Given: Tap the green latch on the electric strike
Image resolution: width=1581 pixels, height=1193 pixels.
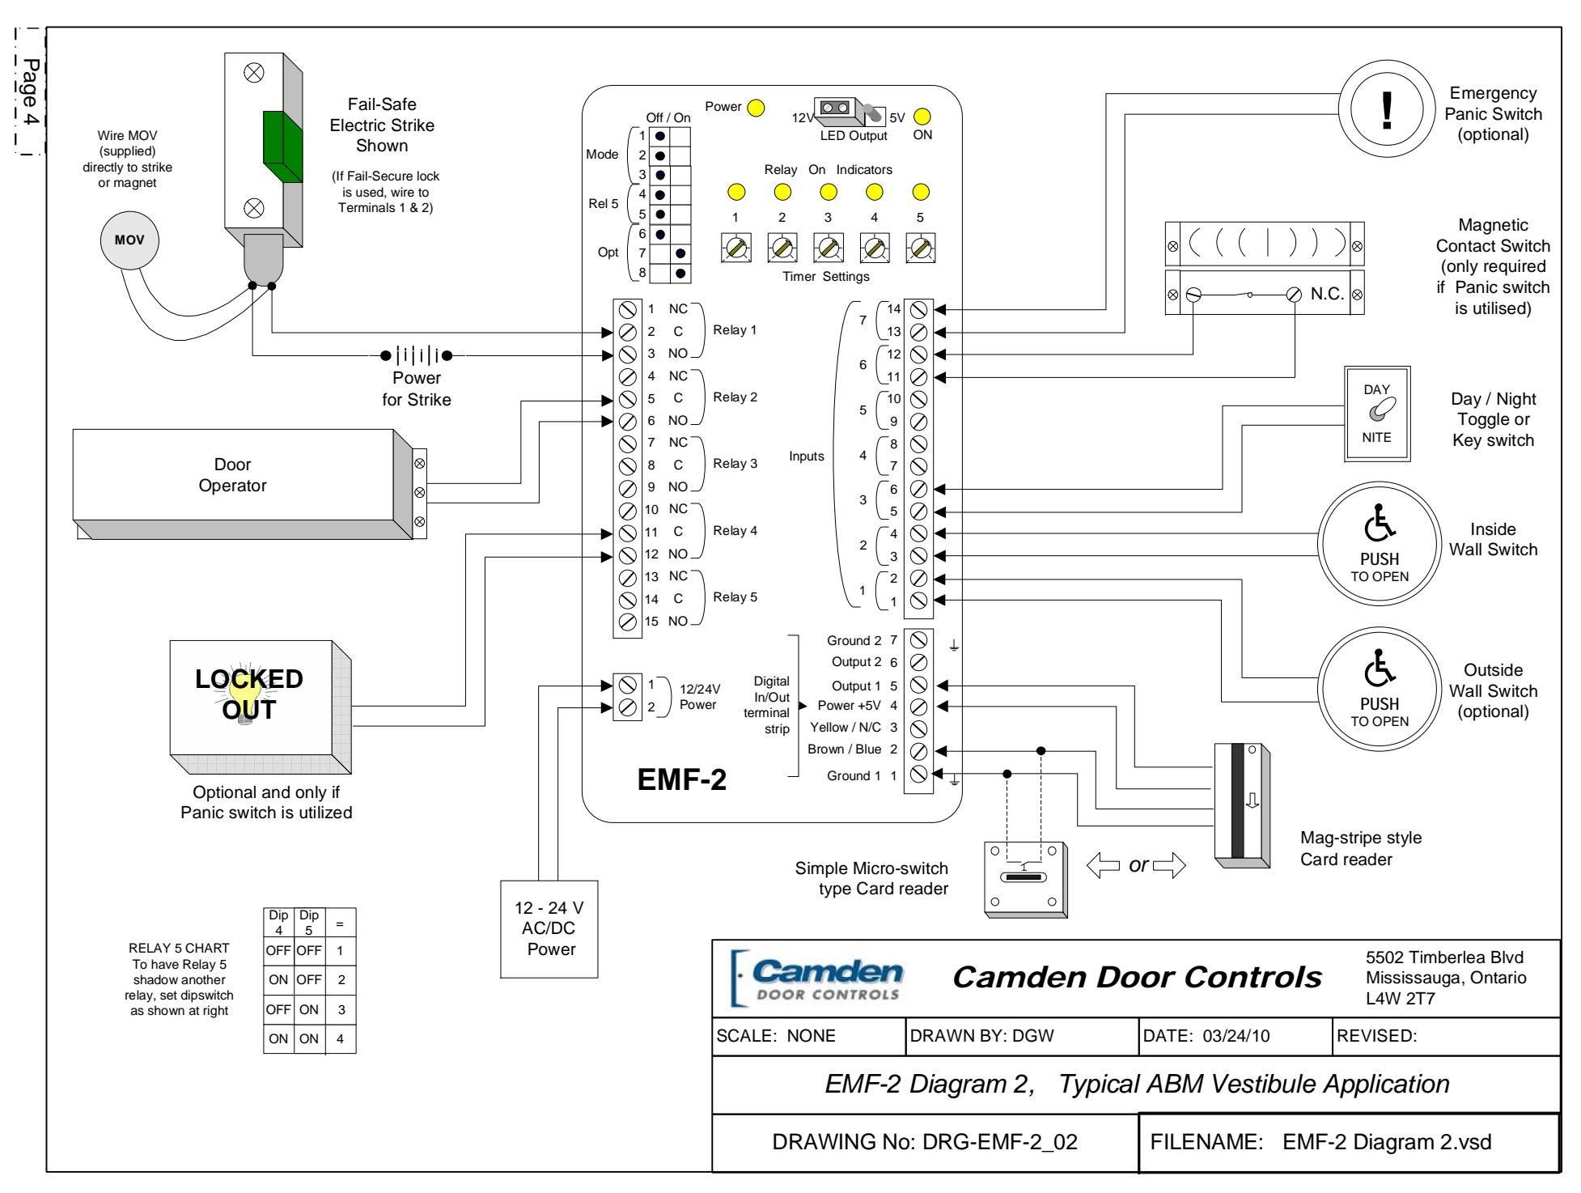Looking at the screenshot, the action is (x=282, y=147).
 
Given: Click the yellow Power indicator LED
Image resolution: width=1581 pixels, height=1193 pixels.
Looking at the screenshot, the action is (x=756, y=108).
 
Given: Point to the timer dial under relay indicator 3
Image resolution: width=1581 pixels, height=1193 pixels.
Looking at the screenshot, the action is (x=827, y=248).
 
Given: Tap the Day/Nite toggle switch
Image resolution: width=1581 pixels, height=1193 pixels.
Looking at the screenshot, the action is (x=1377, y=413).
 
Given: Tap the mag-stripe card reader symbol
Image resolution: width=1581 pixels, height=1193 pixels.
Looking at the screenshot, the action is (x=1242, y=811).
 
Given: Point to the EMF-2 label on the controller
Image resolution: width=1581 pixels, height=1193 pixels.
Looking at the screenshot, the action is (x=681, y=779).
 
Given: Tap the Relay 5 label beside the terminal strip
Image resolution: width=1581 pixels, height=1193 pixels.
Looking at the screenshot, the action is (x=735, y=597).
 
